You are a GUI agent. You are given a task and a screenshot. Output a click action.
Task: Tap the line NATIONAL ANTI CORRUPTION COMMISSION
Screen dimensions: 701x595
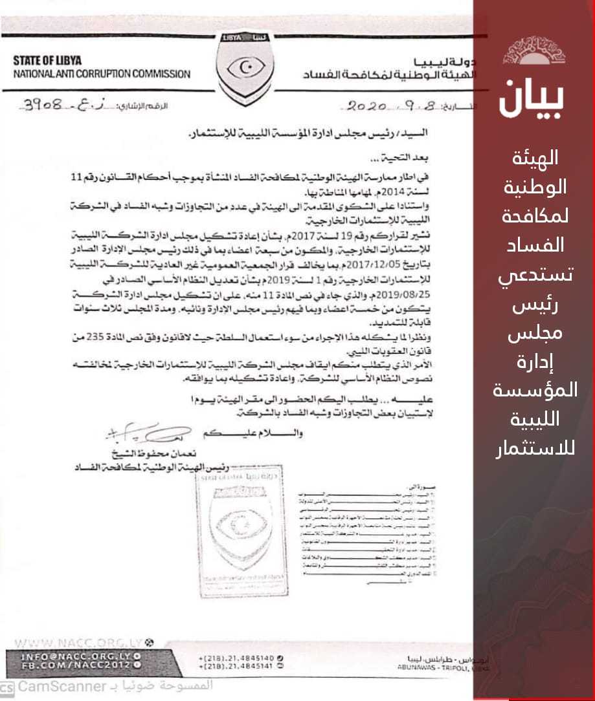pyautogui.click(x=102, y=73)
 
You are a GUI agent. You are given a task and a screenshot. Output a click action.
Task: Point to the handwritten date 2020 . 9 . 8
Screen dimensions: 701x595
pyautogui.click(x=376, y=105)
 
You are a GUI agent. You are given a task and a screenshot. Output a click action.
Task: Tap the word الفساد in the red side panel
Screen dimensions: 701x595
pyautogui.click(x=535, y=244)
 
